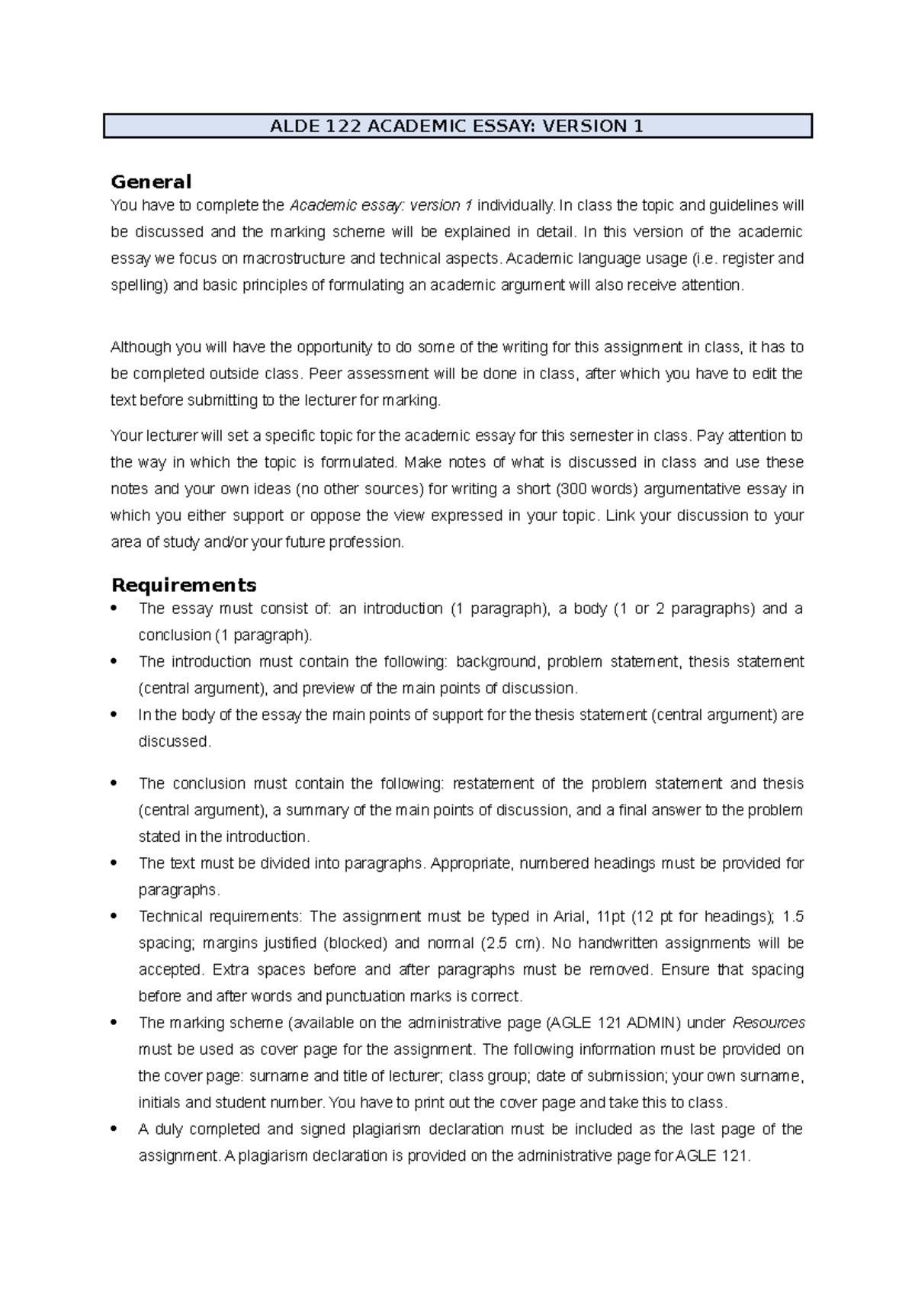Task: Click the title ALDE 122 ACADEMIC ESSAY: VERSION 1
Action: click(457, 126)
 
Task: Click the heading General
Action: click(150, 182)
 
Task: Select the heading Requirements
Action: click(183, 585)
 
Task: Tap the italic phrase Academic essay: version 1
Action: click(380, 205)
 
